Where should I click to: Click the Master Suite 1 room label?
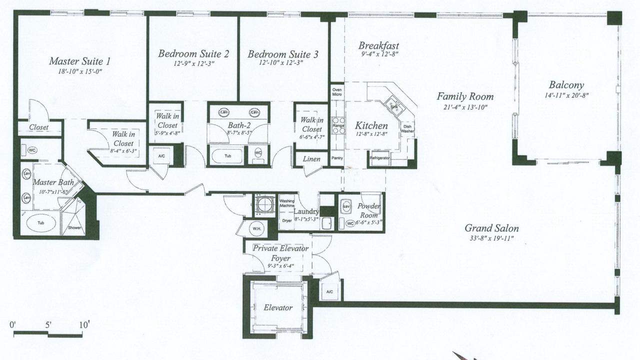coord(79,61)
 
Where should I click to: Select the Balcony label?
coord(566,85)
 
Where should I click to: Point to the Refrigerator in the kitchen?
coord(379,158)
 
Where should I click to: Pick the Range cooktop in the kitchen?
coord(338,125)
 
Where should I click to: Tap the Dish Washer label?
coord(407,129)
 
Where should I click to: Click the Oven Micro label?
coord(337,92)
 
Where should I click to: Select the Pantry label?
coord(337,158)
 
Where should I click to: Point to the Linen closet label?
coord(311,159)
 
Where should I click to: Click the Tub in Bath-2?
coord(227,156)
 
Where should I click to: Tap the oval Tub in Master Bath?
coord(41,223)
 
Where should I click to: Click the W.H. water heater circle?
coord(256,228)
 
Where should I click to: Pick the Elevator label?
coord(278,307)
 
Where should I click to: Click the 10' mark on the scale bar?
coord(84,325)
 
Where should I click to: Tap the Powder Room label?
coord(369,210)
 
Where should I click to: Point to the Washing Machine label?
coord(286,203)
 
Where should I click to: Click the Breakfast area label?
coord(378,45)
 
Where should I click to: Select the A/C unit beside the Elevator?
coord(329,291)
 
